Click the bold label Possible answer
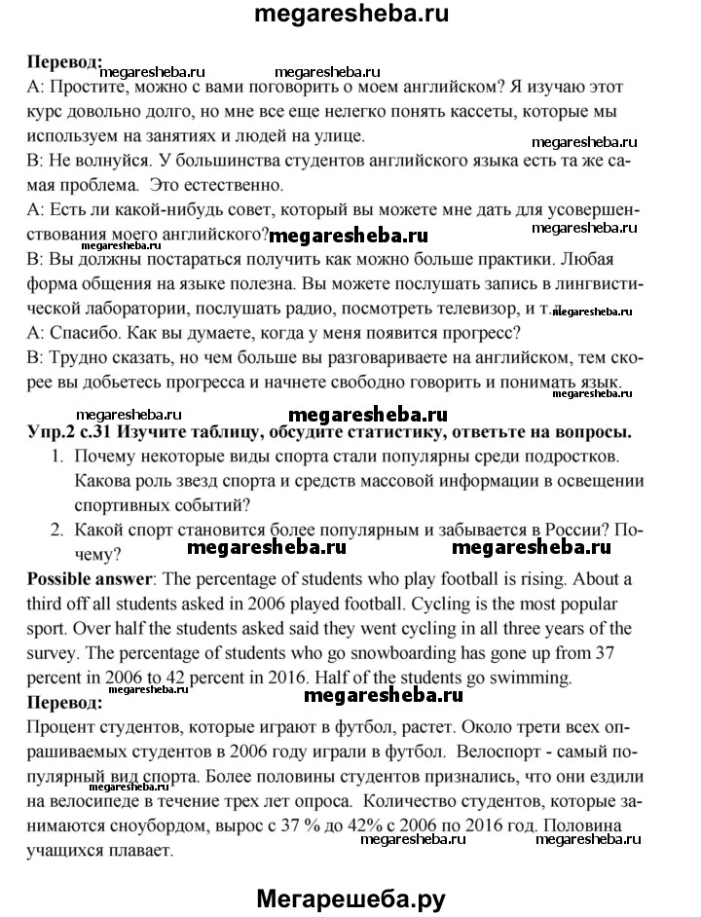click(x=90, y=580)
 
